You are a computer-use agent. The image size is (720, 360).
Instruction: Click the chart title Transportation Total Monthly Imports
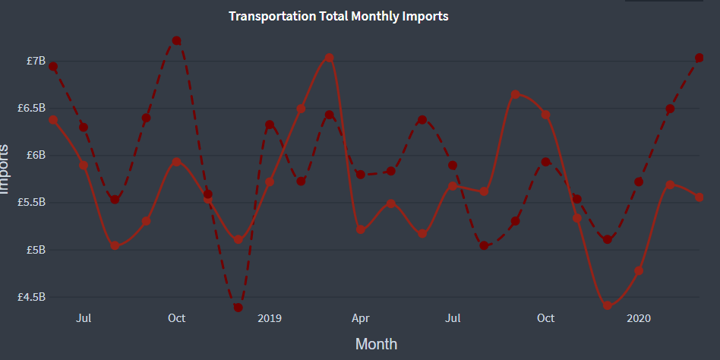click(x=338, y=16)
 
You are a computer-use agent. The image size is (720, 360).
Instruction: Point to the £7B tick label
click(x=36, y=61)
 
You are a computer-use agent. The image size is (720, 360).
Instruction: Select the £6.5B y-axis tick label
click(x=32, y=109)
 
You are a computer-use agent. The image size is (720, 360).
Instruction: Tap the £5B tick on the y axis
click(x=36, y=250)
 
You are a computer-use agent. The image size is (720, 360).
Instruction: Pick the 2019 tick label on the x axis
click(x=270, y=317)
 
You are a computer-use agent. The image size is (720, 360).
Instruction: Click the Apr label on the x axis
click(x=361, y=317)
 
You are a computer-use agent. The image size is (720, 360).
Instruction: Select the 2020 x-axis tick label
click(x=638, y=317)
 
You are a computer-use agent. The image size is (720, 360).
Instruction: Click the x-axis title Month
click(x=376, y=344)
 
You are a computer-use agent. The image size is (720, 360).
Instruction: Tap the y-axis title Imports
click(x=6, y=169)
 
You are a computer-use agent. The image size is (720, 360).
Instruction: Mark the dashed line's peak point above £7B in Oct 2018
click(x=176, y=40)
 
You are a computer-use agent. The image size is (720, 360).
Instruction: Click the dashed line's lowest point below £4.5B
click(x=238, y=308)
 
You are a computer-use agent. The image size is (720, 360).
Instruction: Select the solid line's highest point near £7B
click(x=329, y=58)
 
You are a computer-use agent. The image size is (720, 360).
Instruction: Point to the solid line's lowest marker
click(x=608, y=305)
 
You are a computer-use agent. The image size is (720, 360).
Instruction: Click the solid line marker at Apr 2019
click(x=361, y=229)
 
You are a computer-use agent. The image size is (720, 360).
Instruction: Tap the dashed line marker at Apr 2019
click(x=361, y=175)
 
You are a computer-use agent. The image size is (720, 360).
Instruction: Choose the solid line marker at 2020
click(x=639, y=270)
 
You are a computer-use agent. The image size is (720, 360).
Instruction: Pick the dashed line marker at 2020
click(x=639, y=182)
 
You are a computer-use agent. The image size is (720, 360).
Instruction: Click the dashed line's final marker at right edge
click(x=699, y=58)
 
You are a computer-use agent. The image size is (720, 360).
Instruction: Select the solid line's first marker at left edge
click(x=53, y=119)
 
